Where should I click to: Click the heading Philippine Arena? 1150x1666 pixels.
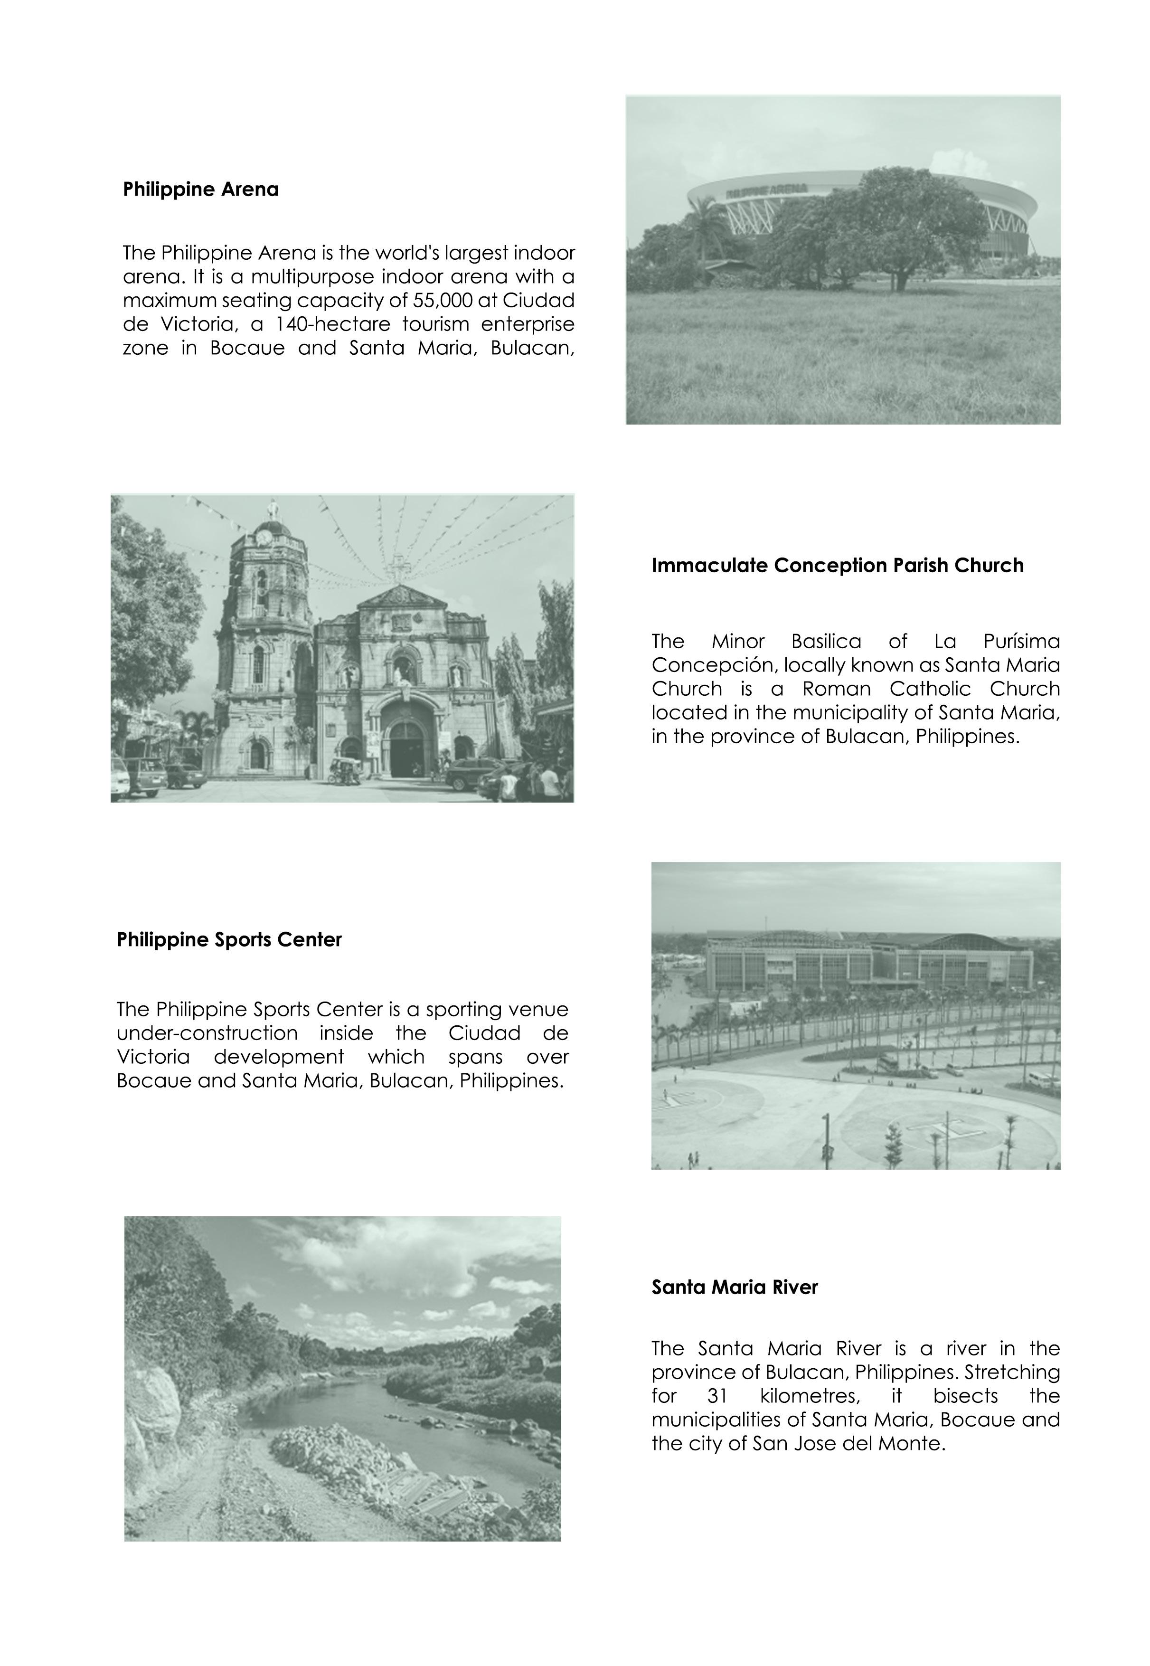click(x=200, y=189)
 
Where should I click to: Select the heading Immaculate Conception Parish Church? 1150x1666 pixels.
click(x=837, y=566)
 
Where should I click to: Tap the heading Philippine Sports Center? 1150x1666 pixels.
click(x=229, y=940)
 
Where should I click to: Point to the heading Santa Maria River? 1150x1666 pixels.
click(x=734, y=1287)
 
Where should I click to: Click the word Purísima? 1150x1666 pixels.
click(x=1021, y=641)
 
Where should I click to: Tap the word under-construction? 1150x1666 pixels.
click(x=207, y=1033)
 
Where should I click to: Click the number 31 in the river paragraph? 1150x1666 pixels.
click(x=717, y=1396)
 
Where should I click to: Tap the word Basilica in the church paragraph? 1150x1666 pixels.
click(x=826, y=641)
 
